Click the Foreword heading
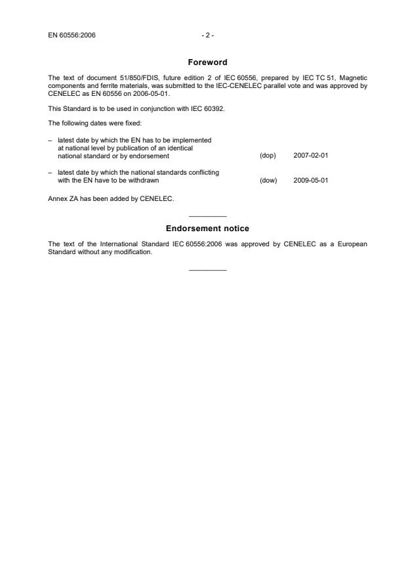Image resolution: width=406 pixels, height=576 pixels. (x=207, y=62)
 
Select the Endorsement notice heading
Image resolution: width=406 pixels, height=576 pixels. (x=207, y=229)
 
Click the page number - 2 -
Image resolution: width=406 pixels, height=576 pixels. (x=207, y=35)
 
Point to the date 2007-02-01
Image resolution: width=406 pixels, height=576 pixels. (x=311, y=156)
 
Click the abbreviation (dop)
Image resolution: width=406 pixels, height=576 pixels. (x=268, y=156)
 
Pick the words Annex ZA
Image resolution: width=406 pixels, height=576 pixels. (x=64, y=198)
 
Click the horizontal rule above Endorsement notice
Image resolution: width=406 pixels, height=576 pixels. (x=207, y=217)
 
